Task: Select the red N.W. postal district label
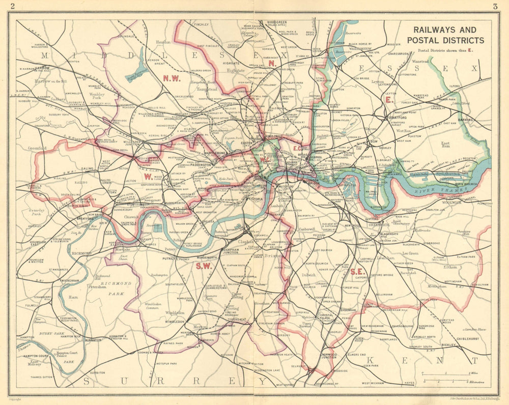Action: (172, 78)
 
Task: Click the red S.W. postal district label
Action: (204, 266)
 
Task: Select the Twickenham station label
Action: (70, 267)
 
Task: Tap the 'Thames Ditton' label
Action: (42, 377)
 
